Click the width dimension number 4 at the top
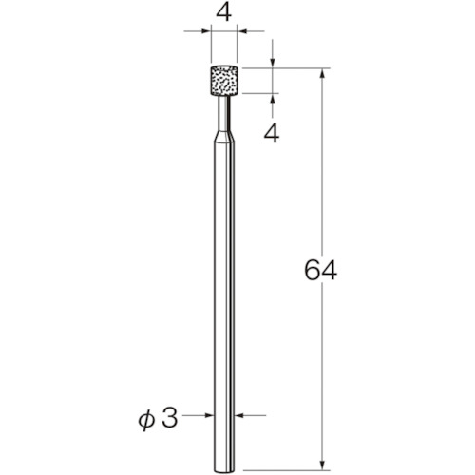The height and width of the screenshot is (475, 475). click(x=223, y=13)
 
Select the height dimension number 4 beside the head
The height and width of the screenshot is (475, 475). click(x=272, y=133)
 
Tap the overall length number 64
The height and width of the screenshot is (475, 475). click(x=320, y=270)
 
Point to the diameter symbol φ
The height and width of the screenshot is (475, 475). click(x=146, y=419)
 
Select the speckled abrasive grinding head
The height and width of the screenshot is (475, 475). click(x=224, y=80)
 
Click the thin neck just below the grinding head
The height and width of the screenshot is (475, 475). click(x=224, y=113)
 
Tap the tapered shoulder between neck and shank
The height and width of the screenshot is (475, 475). click(x=224, y=138)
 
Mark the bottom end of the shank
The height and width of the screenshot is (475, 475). click(x=224, y=470)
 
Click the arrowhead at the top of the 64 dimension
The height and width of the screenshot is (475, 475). click(x=322, y=73)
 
